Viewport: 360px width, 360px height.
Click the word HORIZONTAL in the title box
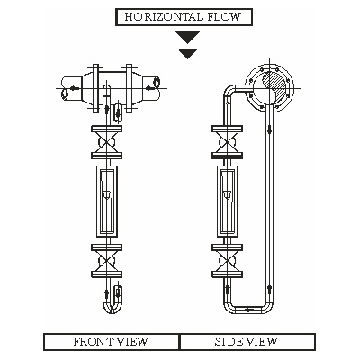pos(164,17)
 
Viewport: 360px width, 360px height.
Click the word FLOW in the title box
pos(224,17)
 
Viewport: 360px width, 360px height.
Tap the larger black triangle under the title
pos(188,37)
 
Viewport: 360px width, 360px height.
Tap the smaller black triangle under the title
pos(188,54)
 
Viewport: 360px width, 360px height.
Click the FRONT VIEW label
pos(111,342)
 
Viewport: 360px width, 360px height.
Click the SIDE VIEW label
pos(246,342)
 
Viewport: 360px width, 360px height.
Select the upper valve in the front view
pos(106,142)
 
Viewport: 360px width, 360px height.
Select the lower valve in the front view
pos(106,261)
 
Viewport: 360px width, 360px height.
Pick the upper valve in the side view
pos(227,142)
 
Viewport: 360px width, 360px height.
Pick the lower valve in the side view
pos(227,261)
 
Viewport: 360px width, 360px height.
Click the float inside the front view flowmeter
pos(106,195)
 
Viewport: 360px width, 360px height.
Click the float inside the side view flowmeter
pos(228,195)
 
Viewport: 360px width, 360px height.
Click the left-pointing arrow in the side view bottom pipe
pos(248,310)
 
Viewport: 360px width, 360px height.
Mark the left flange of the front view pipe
pos(95,88)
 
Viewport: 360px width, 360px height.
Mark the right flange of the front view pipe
pos(130,88)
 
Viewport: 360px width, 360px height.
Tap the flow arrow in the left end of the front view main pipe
pos(75,88)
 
